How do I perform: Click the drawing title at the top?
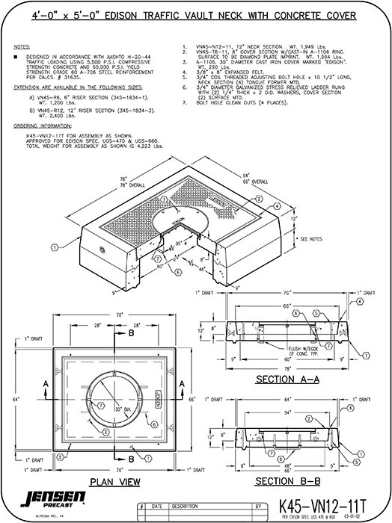pyautogui.click(x=196, y=13)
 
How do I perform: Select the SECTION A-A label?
pyautogui.click(x=288, y=380)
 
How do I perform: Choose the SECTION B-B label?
pyautogui.click(x=288, y=480)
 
